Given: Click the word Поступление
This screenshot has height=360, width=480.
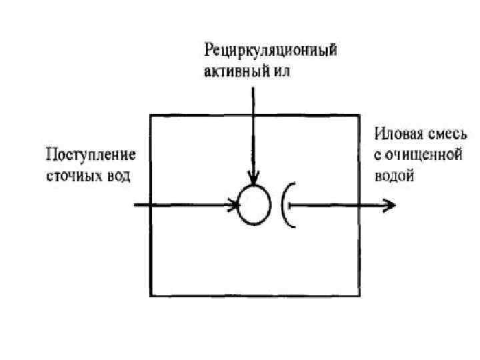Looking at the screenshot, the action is tap(90, 157).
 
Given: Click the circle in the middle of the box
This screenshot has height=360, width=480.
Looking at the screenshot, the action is tap(255, 205).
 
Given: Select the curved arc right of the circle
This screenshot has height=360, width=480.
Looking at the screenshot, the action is tap(285, 205).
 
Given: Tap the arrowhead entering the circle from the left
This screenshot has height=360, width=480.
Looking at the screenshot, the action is tap(234, 205).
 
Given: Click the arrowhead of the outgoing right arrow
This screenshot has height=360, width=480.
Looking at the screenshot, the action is tap(386, 205).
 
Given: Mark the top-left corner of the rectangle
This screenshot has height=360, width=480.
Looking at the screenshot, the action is tap(151, 116).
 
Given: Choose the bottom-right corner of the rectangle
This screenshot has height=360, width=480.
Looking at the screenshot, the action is tap(360, 294).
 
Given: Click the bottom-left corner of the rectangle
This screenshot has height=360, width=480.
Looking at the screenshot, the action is tap(151, 294).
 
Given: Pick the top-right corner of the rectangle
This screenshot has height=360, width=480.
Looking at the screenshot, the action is tap(360, 116).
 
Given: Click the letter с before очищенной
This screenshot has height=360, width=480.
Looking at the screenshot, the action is tap(377, 155).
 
